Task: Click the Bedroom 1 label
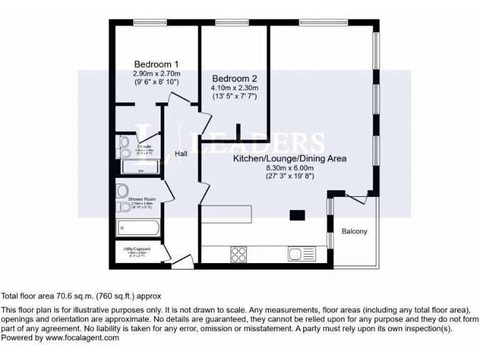tap(157, 64)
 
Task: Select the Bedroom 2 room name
tap(234, 79)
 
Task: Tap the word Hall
tap(181, 153)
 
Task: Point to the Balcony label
tap(354, 232)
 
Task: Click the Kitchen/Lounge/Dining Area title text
tap(289, 159)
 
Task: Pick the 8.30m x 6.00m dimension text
tap(289, 168)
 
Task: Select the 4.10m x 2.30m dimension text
tap(234, 88)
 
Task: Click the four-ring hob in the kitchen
tap(239, 254)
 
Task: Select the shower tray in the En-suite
tap(140, 166)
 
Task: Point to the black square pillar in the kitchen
tap(296, 216)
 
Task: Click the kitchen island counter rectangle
tap(226, 214)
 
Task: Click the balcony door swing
tap(356, 199)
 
